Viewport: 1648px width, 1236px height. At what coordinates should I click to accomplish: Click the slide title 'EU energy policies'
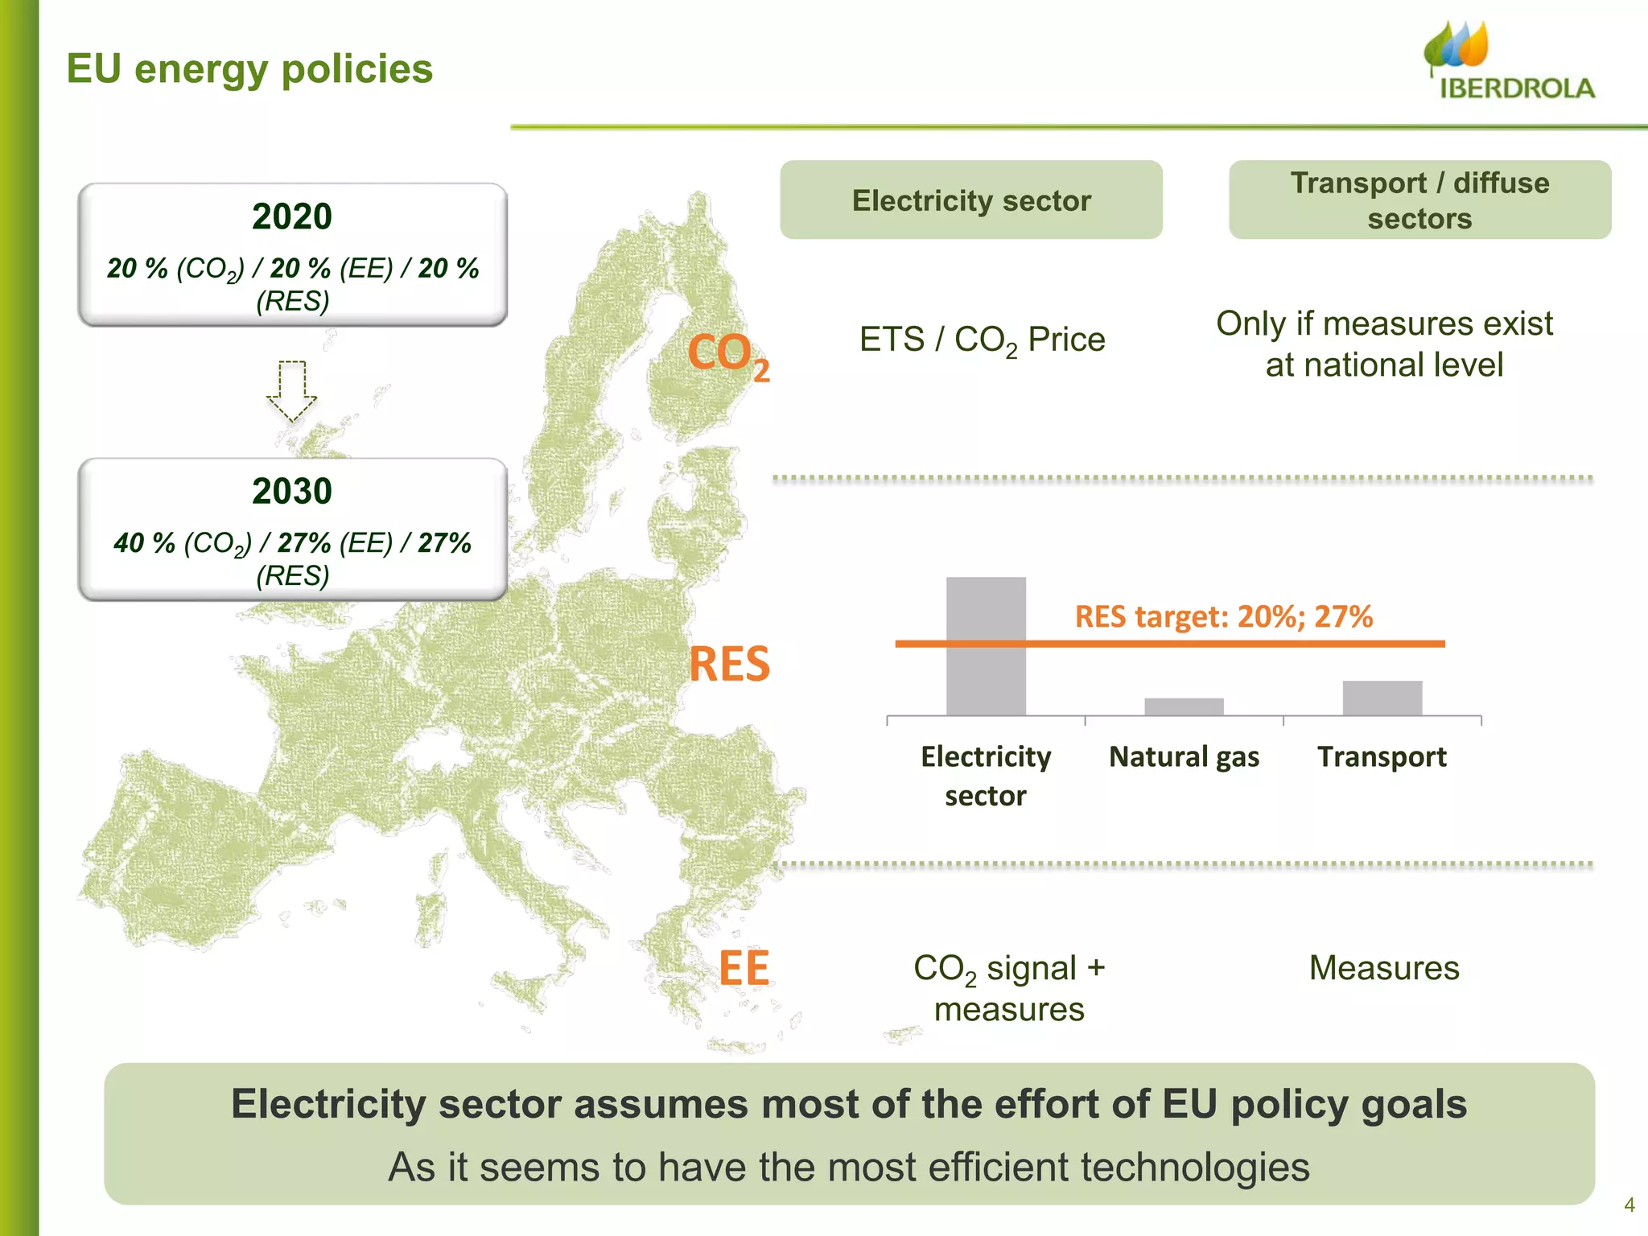(249, 68)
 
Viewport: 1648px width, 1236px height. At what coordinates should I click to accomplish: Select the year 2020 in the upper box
(292, 216)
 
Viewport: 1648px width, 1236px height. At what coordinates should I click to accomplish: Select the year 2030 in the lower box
(292, 491)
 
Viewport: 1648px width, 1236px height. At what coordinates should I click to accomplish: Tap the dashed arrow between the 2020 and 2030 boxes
(292, 391)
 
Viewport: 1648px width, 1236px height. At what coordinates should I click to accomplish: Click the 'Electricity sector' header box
(971, 200)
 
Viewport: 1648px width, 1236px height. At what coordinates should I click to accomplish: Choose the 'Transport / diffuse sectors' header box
(1419, 200)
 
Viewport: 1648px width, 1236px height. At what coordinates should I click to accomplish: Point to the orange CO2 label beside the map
(727, 355)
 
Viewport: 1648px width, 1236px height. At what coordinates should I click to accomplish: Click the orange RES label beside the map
(729, 665)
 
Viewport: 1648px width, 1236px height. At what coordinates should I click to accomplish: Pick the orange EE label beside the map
(744, 967)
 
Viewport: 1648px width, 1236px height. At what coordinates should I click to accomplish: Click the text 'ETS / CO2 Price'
(982, 340)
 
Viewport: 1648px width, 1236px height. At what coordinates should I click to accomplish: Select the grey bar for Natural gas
(1184, 707)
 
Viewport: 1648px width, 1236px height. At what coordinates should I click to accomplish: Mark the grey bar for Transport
(1382, 698)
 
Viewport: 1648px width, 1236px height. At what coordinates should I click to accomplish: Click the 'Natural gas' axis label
(1184, 757)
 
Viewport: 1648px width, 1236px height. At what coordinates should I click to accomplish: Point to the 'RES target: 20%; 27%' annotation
(1223, 616)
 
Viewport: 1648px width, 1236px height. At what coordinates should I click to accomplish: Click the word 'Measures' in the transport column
(1384, 968)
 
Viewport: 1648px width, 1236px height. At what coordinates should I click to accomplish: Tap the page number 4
(1629, 1205)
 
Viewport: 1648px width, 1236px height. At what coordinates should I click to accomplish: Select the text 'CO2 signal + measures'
(1009, 988)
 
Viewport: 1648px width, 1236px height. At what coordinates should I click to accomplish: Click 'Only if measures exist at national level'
(1384, 344)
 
